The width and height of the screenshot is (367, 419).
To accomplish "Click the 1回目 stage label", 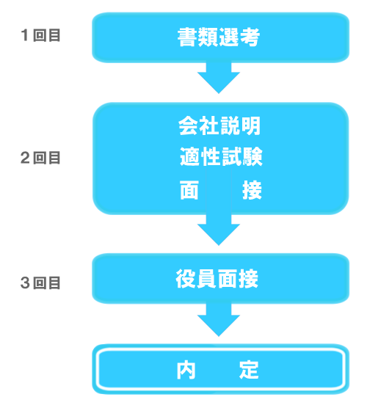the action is pyautogui.click(x=40, y=35).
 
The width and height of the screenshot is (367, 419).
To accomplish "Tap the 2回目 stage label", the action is pyautogui.click(x=40, y=158).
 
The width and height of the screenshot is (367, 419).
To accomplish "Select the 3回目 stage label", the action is pyautogui.click(x=40, y=283).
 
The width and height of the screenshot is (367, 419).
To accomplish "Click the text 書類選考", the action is pyautogui.click(x=219, y=37).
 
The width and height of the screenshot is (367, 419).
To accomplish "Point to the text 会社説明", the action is pyautogui.click(x=219, y=126).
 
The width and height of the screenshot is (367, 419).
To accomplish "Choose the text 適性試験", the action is pyautogui.click(x=221, y=156).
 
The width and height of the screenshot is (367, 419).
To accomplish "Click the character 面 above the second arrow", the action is pyautogui.click(x=189, y=190).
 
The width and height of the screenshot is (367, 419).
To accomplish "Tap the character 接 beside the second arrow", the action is pyautogui.click(x=252, y=190).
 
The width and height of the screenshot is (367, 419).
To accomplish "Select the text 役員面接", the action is pyautogui.click(x=217, y=279).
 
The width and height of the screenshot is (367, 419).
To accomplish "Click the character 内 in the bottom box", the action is pyautogui.click(x=186, y=370).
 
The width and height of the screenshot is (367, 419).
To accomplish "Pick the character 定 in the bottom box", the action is pyautogui.click(x=249, y=370).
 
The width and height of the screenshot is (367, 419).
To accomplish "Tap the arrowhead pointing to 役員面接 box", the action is pyautogui.click(x=219, y=235).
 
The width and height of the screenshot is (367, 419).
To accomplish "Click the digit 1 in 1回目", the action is pyautogui.click(x=25, y=35).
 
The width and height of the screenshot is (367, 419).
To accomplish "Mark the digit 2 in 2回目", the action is pyautogui.click(x=25, y=158).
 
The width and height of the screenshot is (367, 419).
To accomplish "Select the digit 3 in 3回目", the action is pyautogui.click(x=25, y=283).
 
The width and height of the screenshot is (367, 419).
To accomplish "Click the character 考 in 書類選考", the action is pyautogui.click(x=250, y=37).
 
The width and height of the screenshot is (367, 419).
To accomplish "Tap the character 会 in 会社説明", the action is pyautogui.click(x=188, y=126).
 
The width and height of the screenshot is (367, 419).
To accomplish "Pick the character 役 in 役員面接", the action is pyautogui.click(x=186, y=279).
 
